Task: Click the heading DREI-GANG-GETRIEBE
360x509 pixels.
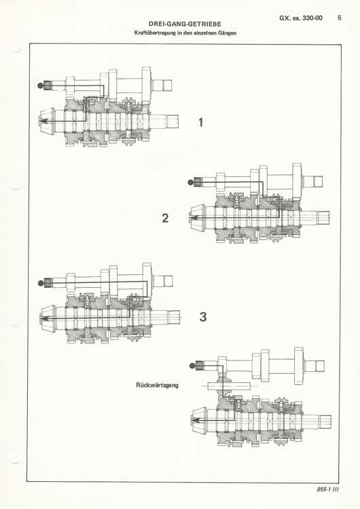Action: pos(185,24)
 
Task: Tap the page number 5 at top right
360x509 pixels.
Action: pos(339,18)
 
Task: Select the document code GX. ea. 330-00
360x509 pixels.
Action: pos(301,18)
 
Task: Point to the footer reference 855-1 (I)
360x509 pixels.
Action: pos(327,489)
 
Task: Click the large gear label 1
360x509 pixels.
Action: pos(201,122)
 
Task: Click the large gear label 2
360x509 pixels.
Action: pos(165,218)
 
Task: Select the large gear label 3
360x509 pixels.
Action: pos(202,317)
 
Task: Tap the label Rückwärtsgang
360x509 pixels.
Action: pos(157,385)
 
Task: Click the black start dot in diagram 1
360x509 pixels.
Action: pos(40,86)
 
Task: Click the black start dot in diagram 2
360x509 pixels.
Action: pos(190,183)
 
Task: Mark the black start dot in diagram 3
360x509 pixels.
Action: pos(41,283)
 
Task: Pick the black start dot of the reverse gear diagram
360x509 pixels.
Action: pos(192,366)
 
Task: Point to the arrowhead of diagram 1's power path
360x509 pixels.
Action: pos(41,121)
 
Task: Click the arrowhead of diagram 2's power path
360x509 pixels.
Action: pos(192,217)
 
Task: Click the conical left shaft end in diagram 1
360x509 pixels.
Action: pos(47,121)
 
